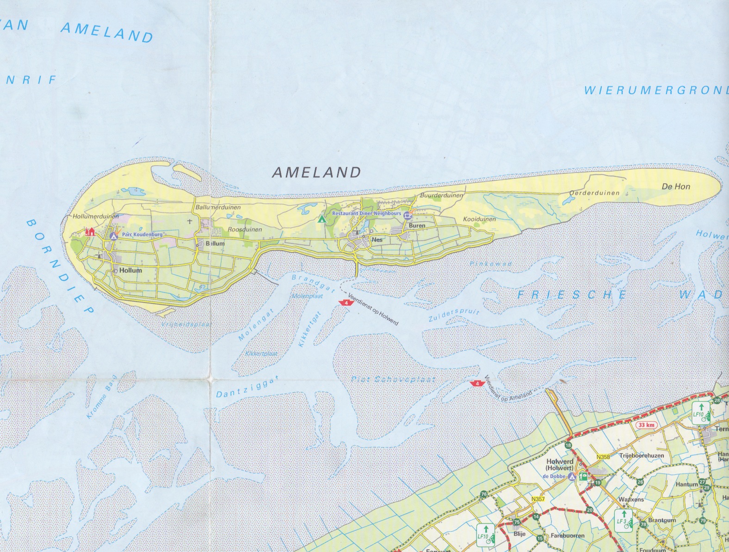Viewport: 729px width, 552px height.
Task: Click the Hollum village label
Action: tap(130, 271)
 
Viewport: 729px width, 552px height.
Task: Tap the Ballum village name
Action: tap(215, 243)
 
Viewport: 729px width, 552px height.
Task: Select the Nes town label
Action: tap(377, 240)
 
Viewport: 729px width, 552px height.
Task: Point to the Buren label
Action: tap(417, 226)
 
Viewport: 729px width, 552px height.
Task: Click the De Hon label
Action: tap(676, 187)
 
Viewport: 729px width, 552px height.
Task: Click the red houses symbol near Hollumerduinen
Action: tap(90, 231)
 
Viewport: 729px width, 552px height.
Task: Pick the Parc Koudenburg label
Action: tap(142, 235)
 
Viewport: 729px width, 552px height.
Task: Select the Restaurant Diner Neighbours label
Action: tap(366, 213)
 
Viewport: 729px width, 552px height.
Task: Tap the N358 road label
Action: tap(603, 457)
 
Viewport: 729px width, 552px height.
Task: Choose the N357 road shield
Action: tap(538, 499)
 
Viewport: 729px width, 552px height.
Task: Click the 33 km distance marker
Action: tap(646, 425)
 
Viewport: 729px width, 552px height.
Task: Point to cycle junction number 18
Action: tap(568, 445)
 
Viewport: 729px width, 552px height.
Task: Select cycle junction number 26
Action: tap(640, 482)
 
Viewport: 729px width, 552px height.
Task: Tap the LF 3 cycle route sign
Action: tap(623, 518)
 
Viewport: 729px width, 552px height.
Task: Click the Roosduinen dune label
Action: tap(245, 230)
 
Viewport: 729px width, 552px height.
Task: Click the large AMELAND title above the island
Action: tap(316, 172)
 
